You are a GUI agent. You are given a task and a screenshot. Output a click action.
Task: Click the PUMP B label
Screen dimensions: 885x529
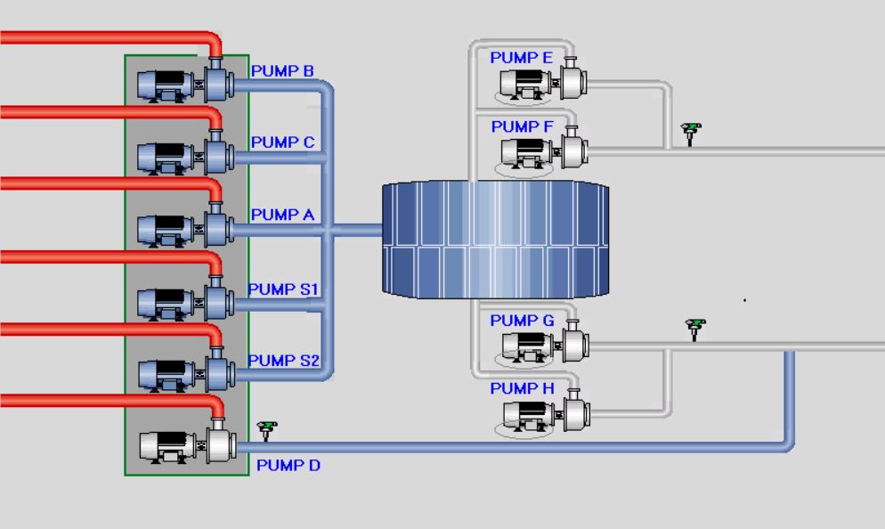(x=282, y=71)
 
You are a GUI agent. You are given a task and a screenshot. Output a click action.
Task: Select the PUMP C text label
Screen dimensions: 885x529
(x=282, y=142)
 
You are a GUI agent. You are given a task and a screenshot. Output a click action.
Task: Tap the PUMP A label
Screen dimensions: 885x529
(x=282, y=215)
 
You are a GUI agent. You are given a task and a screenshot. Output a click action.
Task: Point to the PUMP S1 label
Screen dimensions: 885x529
(x=283, y=289)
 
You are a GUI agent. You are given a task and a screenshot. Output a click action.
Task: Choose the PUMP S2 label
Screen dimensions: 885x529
(x=283, y=360)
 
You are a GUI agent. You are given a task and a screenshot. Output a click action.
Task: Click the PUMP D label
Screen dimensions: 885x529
(x=288, y=465)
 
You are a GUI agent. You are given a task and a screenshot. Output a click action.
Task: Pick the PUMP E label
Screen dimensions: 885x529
(x=521, y=58)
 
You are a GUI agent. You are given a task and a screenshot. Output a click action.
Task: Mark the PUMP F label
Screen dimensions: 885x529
(x=522, y=126)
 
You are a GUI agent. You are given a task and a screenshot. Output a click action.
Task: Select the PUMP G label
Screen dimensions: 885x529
(x=522, y=321)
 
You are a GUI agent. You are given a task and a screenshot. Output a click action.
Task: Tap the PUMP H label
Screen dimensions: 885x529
(x=522, y=388)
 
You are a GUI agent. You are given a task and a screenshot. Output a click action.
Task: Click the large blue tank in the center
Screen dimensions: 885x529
(x=496, y=240)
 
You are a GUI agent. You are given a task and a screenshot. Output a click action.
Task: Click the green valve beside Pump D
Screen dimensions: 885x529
(x=267, y=430)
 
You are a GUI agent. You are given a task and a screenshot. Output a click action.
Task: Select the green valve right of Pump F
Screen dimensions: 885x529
(x=690, y=134)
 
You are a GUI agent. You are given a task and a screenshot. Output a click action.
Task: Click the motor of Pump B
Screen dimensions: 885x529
(x=166, y=85)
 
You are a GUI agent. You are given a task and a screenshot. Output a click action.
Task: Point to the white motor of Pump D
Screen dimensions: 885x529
(x=167, y=447)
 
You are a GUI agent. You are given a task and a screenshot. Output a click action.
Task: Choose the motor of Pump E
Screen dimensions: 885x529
(x=526, y=85)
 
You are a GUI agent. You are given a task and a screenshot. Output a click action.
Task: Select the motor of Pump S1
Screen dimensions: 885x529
(x=166, y=304)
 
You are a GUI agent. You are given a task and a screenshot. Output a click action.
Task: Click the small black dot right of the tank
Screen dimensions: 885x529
(x=744, y=300)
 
